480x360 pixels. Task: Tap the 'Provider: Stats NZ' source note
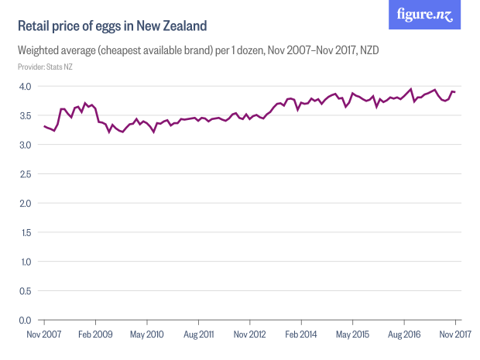coord(45,67)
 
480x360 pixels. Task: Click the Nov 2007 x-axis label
coord(44,334)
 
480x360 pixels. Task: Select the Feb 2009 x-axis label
coord(96,334)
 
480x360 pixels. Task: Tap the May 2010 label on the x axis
coord(147,334)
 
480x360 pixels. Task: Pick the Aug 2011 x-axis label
coord(199,334)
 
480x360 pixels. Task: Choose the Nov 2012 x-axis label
coord(250,334)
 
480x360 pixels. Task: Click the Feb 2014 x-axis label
coord(301,334)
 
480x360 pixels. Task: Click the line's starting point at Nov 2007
coord(44,126)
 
